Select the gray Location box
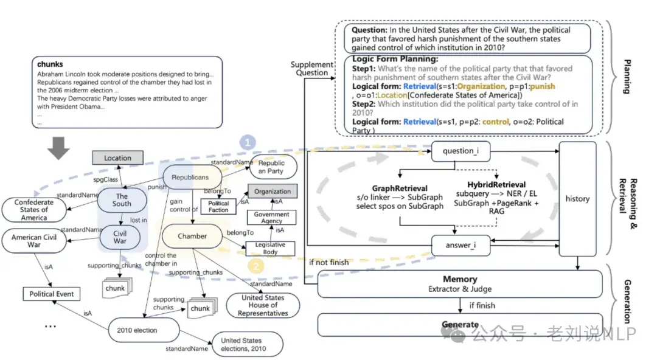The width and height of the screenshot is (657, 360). [x=118, y=158]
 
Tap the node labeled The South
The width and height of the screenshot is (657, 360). [x=122, y=200]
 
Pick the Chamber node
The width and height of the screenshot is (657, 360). [x=192, y=236]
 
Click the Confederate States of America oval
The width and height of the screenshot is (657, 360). [x=34, y=210]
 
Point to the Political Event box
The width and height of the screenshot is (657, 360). [x=52, y=294]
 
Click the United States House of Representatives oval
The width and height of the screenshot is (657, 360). [x=263, y=305]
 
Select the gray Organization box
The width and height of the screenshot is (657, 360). [x=273, y=191]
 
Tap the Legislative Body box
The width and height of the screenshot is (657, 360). [x=270, y=249]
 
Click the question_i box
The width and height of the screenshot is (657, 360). [x=461, y=151]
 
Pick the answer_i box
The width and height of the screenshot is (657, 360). [x=461, y=245]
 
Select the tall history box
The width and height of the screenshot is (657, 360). [x=577, y=199]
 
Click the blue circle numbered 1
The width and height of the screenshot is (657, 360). [x=248, y=142]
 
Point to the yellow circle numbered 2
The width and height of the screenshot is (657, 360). [x=256, y=265]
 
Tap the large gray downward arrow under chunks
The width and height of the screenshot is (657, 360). [x=58, y=148]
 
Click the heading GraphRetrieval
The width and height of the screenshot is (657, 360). [x=400, y=189]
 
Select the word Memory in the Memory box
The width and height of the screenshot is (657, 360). [x=460, y=279]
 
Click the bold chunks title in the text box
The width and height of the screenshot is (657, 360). [x=50, y=64]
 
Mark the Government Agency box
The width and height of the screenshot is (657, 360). [x=271, y=217]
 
